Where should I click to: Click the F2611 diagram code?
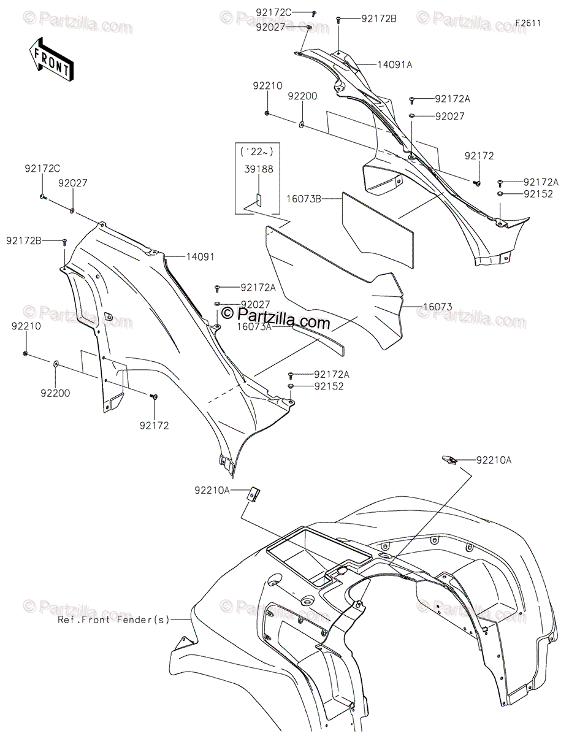(x=527, y=23)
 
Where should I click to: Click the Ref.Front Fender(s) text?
(x=113, y=619)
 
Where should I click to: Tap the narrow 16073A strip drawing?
(x=318, y=338)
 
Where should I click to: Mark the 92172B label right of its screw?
(x=379, y=19)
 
